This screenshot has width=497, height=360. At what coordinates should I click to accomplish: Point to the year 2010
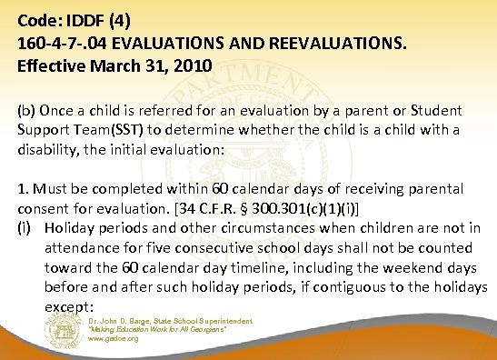[193, 65]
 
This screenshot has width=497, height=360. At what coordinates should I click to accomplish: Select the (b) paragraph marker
[21, 110]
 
